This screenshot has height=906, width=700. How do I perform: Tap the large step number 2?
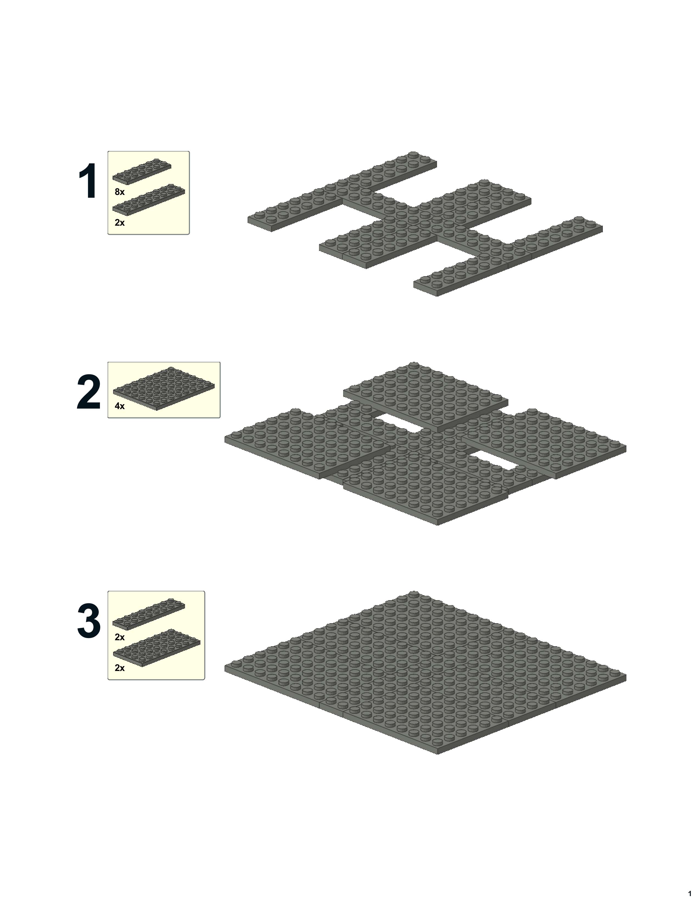point(89,392)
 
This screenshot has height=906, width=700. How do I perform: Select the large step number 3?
point(89,621)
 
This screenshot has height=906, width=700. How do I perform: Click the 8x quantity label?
point(119,192)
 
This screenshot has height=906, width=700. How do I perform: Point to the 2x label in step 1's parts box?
point(119,223)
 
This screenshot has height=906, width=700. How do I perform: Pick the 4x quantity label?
point(119,406)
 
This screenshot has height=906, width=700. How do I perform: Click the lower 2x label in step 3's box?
point(119,668)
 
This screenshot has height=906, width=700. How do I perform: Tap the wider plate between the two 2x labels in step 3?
point(156,648)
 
